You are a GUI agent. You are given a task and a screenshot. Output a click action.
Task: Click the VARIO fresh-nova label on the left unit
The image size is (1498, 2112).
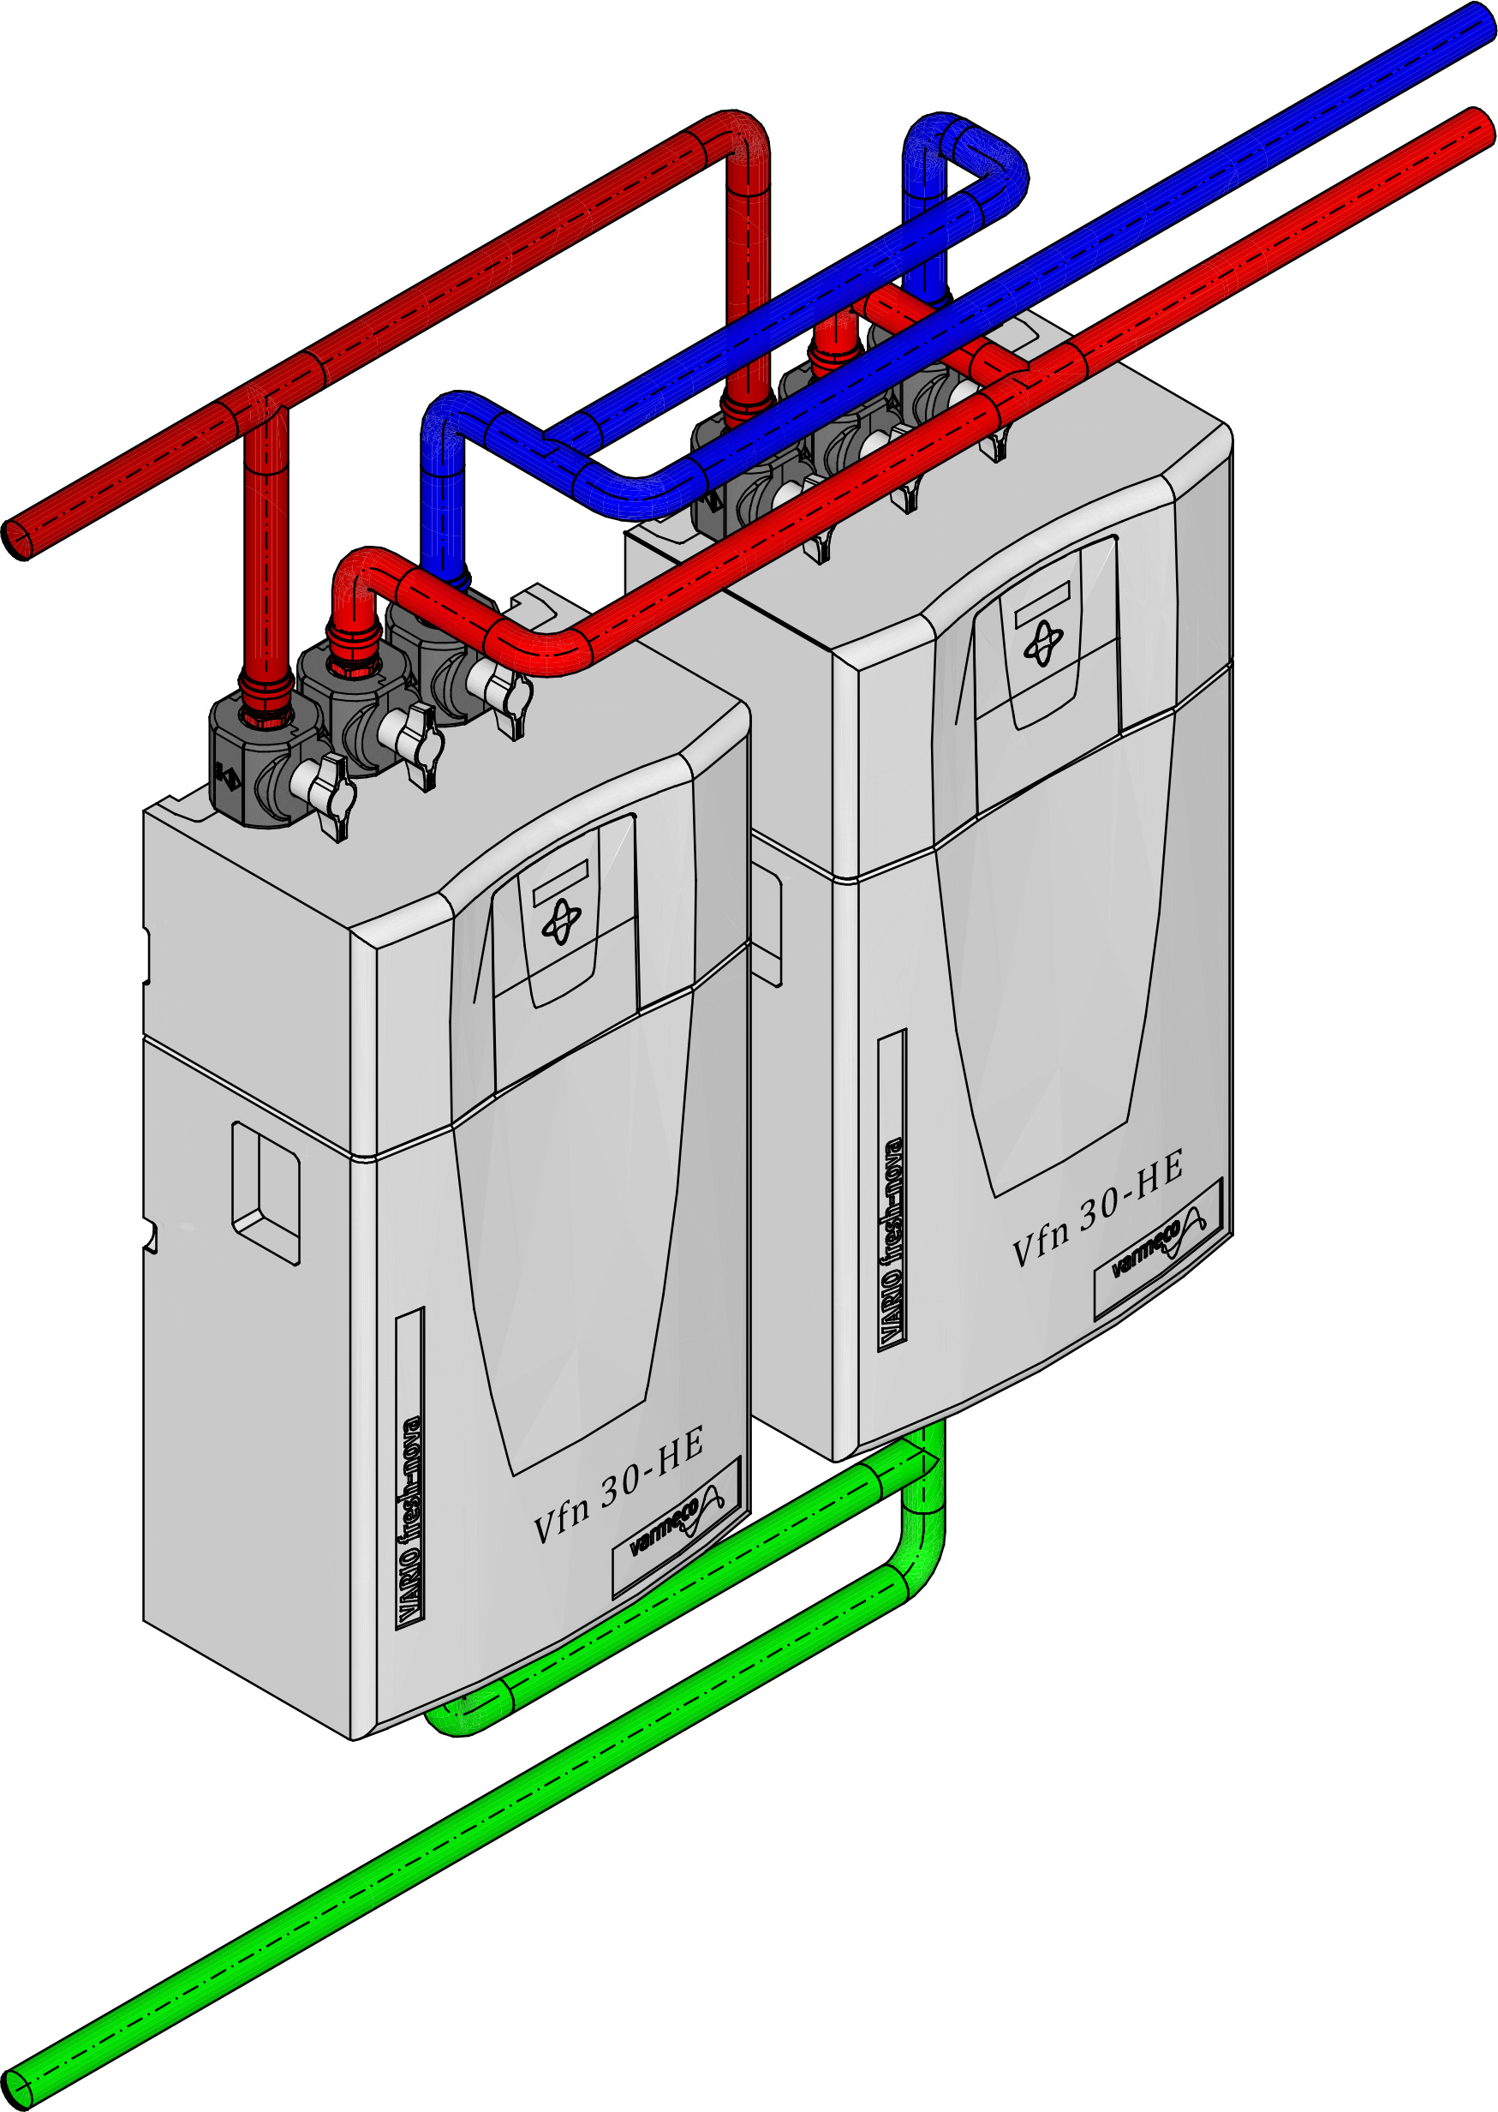coord(409,1522)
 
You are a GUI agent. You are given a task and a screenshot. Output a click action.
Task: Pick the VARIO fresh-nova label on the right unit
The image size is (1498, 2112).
coord(892,1241)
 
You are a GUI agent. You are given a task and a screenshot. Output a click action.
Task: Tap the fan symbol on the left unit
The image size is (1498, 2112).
coord(561,922)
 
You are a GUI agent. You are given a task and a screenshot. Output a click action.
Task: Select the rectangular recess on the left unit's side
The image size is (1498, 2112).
coord(266,1193)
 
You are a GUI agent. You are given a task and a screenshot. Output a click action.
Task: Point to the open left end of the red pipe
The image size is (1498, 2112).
coord(15,538)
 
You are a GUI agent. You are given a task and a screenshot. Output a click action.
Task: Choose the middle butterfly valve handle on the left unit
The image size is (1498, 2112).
coord(412,739)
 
